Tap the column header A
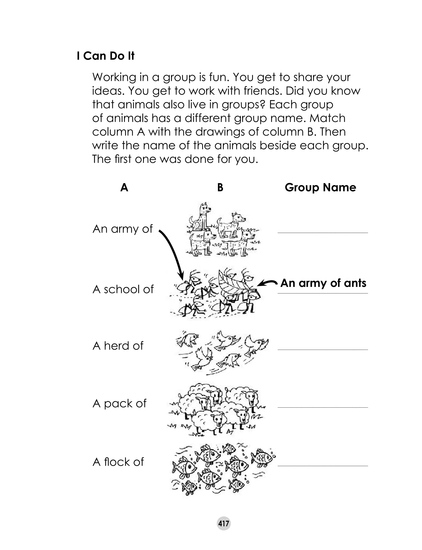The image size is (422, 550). click(124, 187)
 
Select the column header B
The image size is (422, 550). click(220, 187)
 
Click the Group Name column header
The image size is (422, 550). click(320, 187)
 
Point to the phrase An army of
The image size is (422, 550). click(123, 229)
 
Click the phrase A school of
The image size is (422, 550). click(123, 289)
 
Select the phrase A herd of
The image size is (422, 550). click(118, 346)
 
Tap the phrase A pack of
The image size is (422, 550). click(119, 403)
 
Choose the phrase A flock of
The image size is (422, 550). click(118, 462)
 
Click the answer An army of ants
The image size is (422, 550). click(323, 283)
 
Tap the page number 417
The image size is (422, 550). click(223, 523)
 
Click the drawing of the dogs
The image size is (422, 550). click(222, 230)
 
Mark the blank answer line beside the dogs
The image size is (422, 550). click(322, 233)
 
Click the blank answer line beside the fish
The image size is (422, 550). click(322, 466)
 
